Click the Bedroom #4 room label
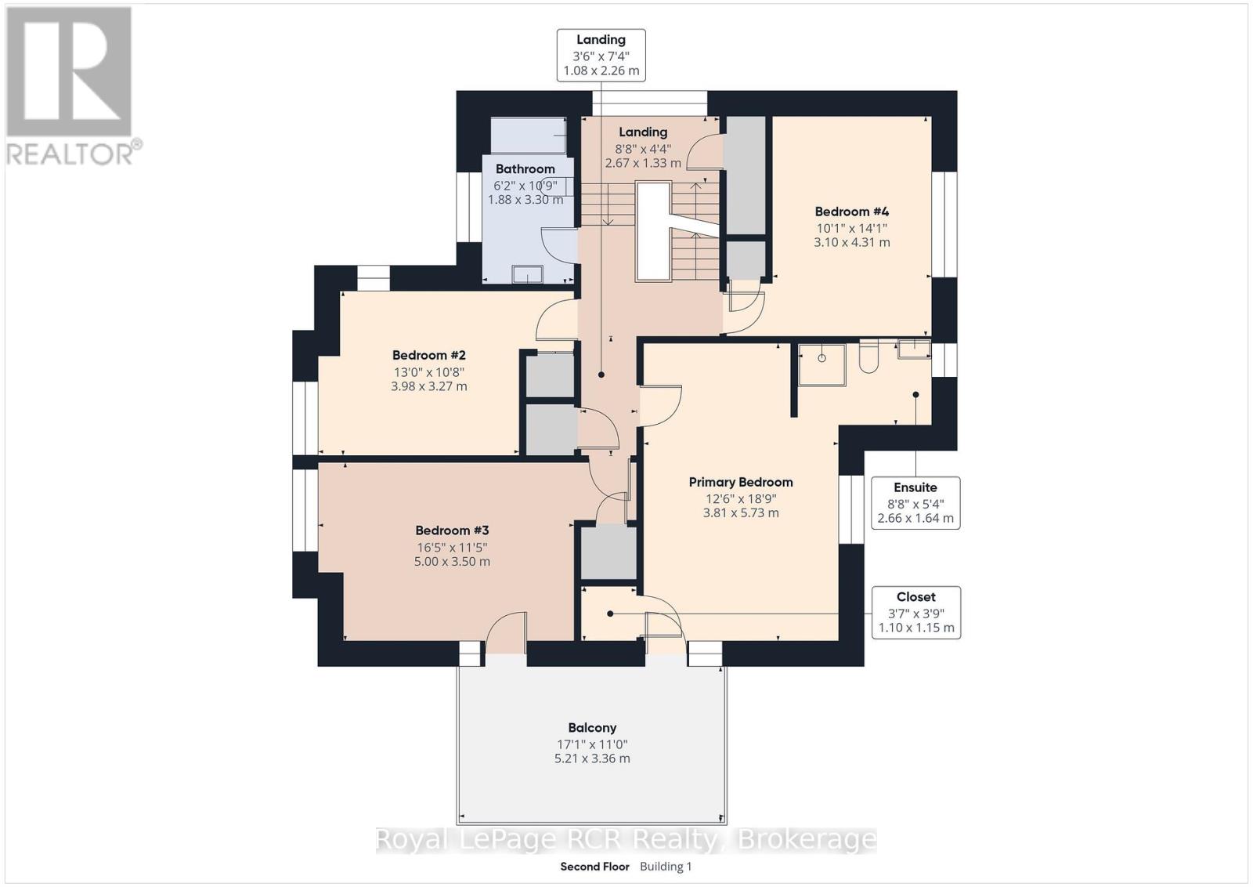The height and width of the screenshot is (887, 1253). [851, 212]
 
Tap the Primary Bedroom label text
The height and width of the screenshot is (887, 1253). [741, 482]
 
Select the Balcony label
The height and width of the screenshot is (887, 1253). [592, 727]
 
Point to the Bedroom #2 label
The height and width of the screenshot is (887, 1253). [428, 355]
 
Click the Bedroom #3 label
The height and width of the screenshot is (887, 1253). [452, 530]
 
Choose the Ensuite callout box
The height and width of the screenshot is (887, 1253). [915, 502]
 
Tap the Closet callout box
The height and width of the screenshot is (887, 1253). [915, 612]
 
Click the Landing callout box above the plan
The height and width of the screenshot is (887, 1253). [601, 55]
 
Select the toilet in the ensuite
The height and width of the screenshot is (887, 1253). [868, 356]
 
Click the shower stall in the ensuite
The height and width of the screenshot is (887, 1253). [821, 365]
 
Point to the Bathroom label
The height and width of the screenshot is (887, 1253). [525, 168]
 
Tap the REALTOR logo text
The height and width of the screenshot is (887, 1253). [70, 154]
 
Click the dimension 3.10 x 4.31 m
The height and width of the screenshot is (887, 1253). [851, 242]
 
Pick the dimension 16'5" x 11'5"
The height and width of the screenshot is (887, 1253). [452, 547]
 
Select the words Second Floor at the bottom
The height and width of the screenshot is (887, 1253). [594, 867]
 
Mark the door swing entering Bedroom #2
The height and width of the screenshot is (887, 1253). [556, 319]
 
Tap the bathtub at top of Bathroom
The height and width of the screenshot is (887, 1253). [528, 135]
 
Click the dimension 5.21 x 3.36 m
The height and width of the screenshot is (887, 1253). [592, 758]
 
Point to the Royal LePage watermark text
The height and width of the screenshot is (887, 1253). [626, 839]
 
